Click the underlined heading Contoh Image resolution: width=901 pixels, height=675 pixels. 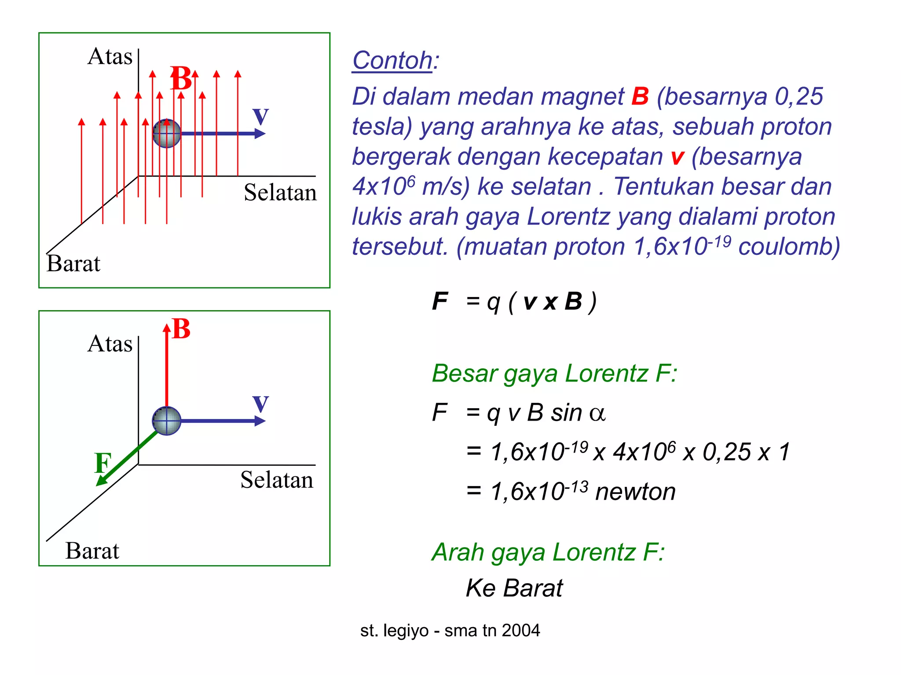392,60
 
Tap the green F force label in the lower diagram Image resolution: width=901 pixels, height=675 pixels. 103,463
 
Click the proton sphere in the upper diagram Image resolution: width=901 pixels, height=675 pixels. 167,133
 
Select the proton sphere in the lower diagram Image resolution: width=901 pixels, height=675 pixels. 167,421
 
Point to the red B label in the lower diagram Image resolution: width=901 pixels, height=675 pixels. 181,329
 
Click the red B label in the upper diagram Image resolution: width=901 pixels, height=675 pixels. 181,78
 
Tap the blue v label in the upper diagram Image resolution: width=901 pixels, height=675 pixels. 260,116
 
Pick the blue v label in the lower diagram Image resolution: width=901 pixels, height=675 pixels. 260,403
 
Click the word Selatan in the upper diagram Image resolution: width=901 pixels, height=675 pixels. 280,192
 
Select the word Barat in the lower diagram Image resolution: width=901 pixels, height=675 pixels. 92,551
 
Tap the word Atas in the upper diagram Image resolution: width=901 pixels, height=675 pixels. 110,56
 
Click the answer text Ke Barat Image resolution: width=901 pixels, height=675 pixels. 514,588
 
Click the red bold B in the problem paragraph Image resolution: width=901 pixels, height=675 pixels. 640,96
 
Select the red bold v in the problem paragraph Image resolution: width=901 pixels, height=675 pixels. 678,157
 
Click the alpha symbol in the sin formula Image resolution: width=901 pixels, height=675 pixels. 597,414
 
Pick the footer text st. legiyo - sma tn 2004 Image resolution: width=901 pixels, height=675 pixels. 450,630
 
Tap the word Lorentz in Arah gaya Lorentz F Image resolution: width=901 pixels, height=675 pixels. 594,552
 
